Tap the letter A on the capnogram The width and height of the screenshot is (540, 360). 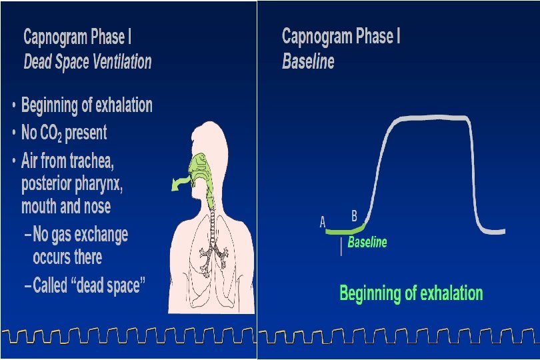(323, 222)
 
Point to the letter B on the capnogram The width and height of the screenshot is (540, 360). (354, 215)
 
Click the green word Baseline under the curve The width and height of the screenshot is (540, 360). (367, 242)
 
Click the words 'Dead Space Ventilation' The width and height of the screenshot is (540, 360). (87, 63)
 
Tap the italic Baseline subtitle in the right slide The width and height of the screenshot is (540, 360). (308, 63)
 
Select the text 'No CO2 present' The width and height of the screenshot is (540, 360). (64, 133)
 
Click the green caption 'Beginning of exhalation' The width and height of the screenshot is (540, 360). (411, 293)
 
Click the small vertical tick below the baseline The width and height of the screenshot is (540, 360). (341, 248)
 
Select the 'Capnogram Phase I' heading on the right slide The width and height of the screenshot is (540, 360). (341, 37)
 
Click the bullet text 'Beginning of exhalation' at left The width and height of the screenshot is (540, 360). (87, 105)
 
